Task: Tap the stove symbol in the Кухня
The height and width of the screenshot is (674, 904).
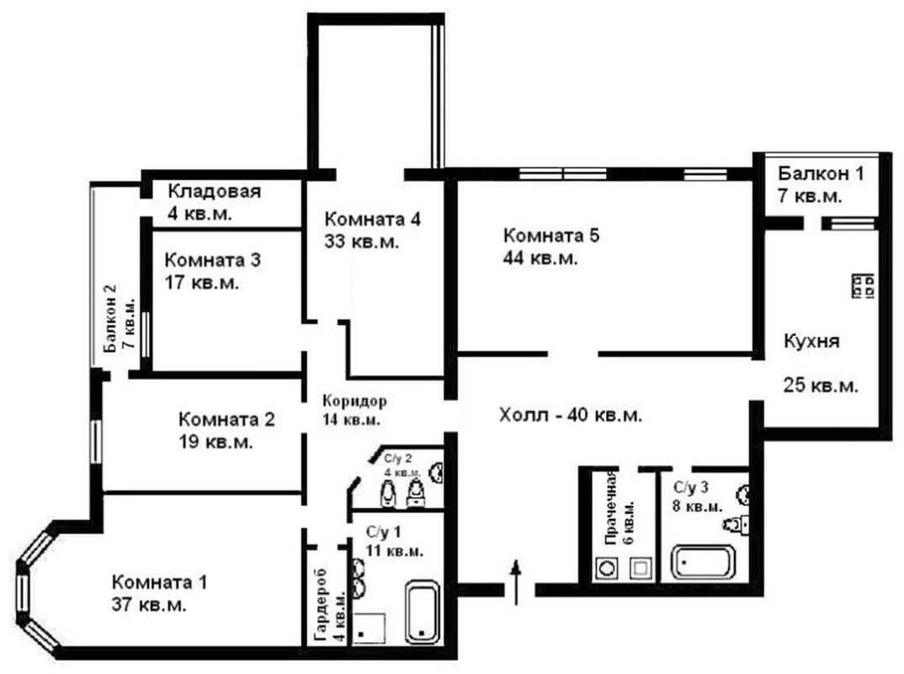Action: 863,286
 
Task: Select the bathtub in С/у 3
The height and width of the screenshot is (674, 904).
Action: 704,562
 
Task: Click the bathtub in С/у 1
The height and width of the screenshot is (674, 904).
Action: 423,612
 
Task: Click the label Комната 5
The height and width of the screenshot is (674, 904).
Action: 551,235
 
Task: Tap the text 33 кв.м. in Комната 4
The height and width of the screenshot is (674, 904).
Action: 361,242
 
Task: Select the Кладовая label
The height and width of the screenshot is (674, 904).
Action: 214,191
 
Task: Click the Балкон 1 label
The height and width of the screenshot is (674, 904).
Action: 821,173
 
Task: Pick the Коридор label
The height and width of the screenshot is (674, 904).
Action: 354,400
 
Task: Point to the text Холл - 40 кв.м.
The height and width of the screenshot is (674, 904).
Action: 570,415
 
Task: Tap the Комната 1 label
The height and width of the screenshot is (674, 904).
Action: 159,581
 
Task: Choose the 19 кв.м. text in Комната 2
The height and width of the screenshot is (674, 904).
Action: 215,442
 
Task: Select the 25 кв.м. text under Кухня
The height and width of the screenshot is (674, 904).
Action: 821,386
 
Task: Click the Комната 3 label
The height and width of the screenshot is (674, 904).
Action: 213,260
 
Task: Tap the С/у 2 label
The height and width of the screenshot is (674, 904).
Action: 398,459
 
